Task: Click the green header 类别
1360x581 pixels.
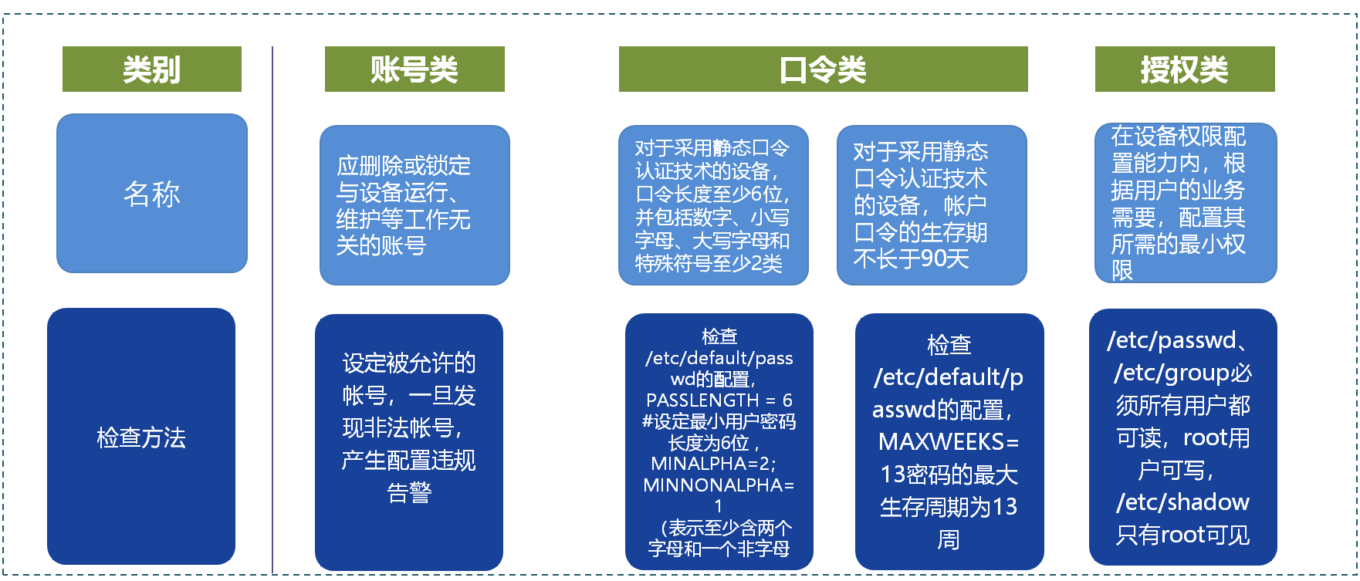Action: (x=151, y=69)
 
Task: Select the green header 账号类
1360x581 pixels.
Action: (x=414, y=69)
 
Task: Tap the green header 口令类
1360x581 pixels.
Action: (x=823, y=69)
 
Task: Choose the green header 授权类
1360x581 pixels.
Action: (x=1184, y=69)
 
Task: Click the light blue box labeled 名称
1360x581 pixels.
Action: (x=152, y=194)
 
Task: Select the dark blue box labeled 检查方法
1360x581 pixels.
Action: (x=141, y=437)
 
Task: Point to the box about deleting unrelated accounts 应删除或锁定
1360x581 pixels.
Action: (x=414, y=205)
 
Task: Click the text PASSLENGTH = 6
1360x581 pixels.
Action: (x=719, y=400)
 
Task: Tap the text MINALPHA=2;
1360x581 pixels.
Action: (x=714, y=464)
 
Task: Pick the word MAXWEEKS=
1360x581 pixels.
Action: (x=949, y=442)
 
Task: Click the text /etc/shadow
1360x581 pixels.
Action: (x=1182, y=502)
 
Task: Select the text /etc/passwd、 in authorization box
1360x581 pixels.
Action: (x=1176, y=340)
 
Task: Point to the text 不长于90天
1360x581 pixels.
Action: (x=911, y=259)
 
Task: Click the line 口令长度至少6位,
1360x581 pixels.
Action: (x=712, y=194)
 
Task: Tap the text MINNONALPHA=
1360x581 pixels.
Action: (x=719, y=485)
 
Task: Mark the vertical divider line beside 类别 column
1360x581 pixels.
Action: (x=272, y=309)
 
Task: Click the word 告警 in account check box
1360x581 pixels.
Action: (x=409, y=492)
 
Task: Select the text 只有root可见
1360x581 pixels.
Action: (x=1182, y=535)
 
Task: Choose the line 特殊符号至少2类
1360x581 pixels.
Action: (x=709, y=264)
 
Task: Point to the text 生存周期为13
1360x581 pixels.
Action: (x=949, y=507)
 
